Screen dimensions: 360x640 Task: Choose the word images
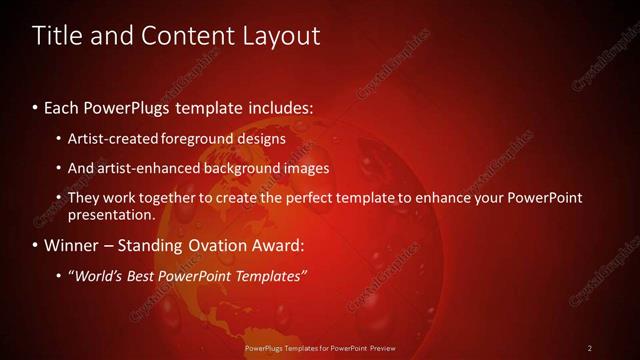pos(306,168)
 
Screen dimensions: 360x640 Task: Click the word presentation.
pos(111,214)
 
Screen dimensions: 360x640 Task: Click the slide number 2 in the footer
pos(590,347)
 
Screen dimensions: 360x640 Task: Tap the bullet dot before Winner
pos(36,245)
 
